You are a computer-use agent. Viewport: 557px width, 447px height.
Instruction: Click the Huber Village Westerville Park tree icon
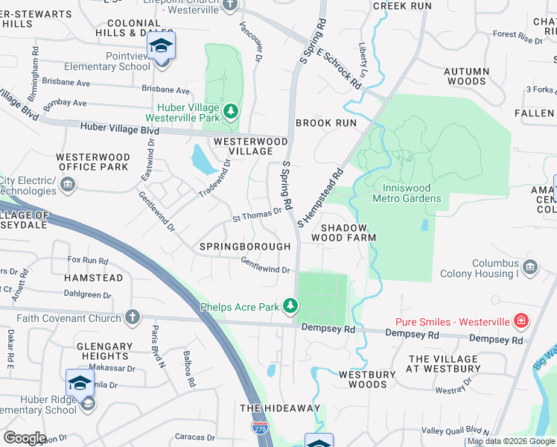(232, 111)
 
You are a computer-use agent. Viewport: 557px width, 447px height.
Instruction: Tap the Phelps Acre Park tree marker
(290, 305)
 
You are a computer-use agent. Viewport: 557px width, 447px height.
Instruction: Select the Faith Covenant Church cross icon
(133, 317)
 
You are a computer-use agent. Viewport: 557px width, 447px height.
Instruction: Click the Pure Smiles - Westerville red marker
(521, 321)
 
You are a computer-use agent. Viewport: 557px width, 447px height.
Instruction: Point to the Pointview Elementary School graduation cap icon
(161, 46)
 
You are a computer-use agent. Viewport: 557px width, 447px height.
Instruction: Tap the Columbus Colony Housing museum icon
(530, 267)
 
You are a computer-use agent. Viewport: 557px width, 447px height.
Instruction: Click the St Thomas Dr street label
(257, 215)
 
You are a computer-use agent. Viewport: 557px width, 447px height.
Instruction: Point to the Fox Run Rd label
(88, 261)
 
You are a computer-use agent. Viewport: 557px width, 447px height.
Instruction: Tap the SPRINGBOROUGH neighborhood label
(245, 246)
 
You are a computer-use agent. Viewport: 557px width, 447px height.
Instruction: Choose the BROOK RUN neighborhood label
(326, 122)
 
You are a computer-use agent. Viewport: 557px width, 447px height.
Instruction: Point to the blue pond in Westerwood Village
(200, 159)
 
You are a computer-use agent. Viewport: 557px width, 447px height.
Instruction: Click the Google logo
(25, 438)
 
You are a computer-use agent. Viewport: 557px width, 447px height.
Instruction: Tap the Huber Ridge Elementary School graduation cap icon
(80, 384)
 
